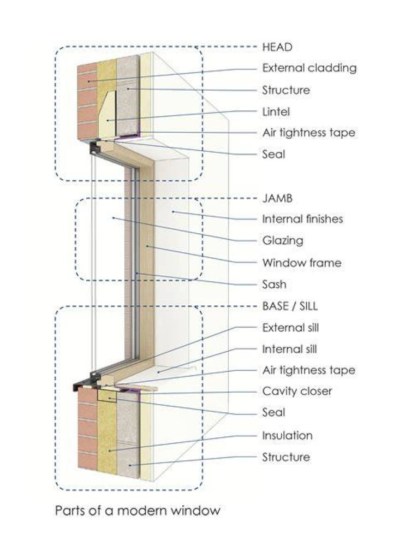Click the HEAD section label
tap(277, 47)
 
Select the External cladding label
tap(309, 68)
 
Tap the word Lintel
tap(276, 112)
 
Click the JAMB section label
tap(277, 198)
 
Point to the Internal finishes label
tap(302, 219)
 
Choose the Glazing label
tap(283, 241)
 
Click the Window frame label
tap(302, 263)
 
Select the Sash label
tap(275, 284)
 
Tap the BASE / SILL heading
tap(290, 306)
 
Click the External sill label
tap(290, 328)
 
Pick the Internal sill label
tap(289, 349)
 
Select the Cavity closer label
tap(297, 391)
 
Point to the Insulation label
tap(287, 435)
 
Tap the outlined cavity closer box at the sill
tap(107, 395)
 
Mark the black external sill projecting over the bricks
tap(82, 386)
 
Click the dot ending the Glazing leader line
tap(113, 218)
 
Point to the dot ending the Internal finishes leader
tap(173, 211)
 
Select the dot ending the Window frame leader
tap(147, 246)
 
